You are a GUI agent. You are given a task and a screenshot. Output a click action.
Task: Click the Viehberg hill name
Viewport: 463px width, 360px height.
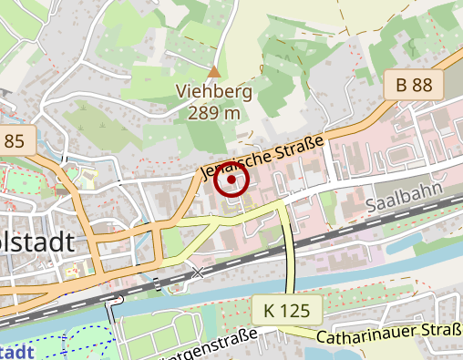pos(214,92)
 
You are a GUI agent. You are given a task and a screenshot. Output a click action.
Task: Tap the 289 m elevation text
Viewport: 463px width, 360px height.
pos(214,112)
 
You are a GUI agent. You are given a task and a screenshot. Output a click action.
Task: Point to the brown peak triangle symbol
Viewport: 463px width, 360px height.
pos(214,70)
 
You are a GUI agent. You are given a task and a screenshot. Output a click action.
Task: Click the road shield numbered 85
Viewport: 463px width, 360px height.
pos(15,140)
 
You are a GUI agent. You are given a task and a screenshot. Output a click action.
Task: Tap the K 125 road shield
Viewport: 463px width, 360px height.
pos(286,311)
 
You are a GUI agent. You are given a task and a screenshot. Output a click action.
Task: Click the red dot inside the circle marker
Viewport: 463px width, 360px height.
pos(232,180)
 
